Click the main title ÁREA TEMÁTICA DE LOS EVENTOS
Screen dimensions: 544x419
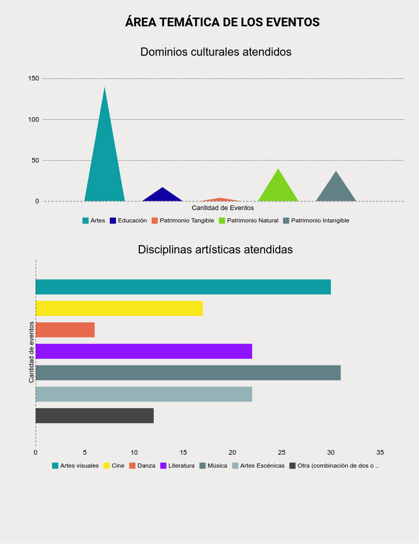click(222, 22)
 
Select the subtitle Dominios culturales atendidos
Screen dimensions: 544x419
click(216, 52)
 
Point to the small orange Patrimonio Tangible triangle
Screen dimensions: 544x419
click(220, 200)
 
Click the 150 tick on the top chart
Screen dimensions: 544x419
click(34, 78)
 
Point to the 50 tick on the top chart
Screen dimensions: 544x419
click(35, 161)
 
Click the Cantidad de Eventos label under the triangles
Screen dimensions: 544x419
click(222, 208)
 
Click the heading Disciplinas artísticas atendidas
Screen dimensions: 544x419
click(215, 250)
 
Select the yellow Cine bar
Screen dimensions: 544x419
click(119, 308)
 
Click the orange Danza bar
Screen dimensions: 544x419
click(65, 330)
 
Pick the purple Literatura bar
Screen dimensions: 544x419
click(143, 351)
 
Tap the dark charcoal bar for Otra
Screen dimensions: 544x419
click(94, 415)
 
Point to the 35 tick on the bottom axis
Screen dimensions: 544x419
click(380, 453)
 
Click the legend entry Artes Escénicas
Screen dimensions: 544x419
click(262, 466)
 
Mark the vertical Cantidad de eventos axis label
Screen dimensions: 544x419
click(31, 352)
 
